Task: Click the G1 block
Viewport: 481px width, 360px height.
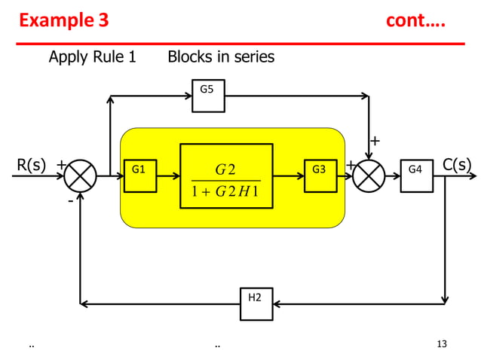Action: pos(139,176)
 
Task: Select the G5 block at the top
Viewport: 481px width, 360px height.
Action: pos(208,96)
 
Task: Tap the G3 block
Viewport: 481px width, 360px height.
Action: pos(320,176)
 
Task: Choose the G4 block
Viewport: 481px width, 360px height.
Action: pos(416,176)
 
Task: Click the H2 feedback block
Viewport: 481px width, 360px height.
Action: pos(256,304)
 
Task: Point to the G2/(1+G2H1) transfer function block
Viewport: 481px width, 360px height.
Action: pos(226,176)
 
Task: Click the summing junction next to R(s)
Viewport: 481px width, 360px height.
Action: pos(80,176)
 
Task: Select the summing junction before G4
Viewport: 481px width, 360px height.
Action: pos(369,176)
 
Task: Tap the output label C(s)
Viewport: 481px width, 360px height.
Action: pos(457,164)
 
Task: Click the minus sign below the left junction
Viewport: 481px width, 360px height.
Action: pos(70,201)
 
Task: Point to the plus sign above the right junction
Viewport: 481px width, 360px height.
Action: pos(375,141)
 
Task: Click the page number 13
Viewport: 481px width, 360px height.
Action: pos(442,344)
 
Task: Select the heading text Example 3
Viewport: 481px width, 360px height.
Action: pos(64,20)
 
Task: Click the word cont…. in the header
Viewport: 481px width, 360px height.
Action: pos(415,20)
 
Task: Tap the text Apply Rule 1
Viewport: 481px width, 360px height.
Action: pos(92,56)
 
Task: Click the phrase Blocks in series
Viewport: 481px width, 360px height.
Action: pos(221,56)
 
